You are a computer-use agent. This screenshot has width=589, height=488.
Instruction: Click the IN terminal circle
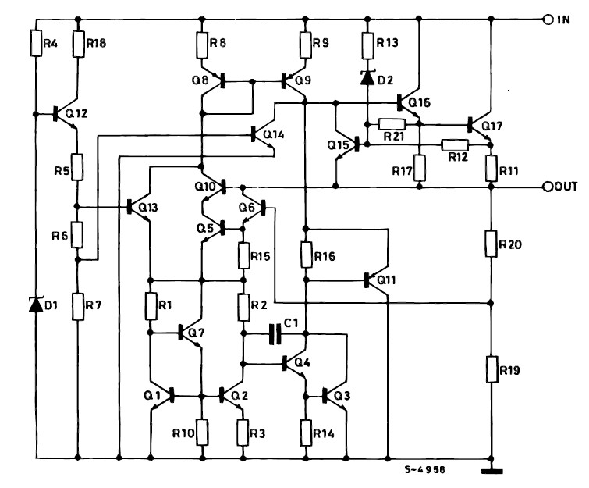(549, 19)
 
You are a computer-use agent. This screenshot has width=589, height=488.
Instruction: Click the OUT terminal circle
(548, 187)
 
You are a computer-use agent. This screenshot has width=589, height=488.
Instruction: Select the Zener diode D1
(36, 305)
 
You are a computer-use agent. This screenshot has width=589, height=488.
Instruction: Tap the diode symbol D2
(367, 77)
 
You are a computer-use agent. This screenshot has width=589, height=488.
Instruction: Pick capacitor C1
(272, 334)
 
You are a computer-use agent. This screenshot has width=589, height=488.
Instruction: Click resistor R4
(36, 43)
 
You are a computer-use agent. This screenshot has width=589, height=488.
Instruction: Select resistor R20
(491, 244)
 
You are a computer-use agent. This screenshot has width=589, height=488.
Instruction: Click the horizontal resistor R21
(392, 123)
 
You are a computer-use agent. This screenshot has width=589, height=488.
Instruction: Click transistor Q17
(478, 125)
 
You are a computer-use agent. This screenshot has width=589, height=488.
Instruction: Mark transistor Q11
(374, 279)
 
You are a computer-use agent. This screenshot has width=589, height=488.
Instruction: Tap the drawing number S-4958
(424, 471)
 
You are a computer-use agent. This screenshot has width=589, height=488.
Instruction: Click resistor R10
(202, 430)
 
